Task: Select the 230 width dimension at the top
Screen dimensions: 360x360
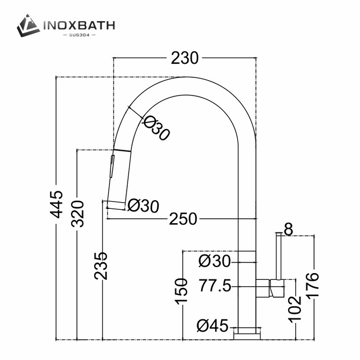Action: point(184,58)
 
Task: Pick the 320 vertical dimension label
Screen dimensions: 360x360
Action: point(77,214)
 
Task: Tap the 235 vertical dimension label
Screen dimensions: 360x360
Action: point(102,265)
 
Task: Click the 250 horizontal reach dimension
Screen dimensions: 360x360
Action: point(183,219)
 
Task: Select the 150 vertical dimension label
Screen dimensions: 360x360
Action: point(181,292)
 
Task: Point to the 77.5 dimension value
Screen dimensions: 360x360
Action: point(215,285)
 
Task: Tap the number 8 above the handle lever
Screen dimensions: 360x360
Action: point(288,229)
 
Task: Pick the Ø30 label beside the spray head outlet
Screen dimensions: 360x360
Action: point(143,206)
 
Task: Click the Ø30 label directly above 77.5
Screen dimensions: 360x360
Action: point(214,260)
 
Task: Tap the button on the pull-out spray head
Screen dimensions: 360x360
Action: point(111,166)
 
